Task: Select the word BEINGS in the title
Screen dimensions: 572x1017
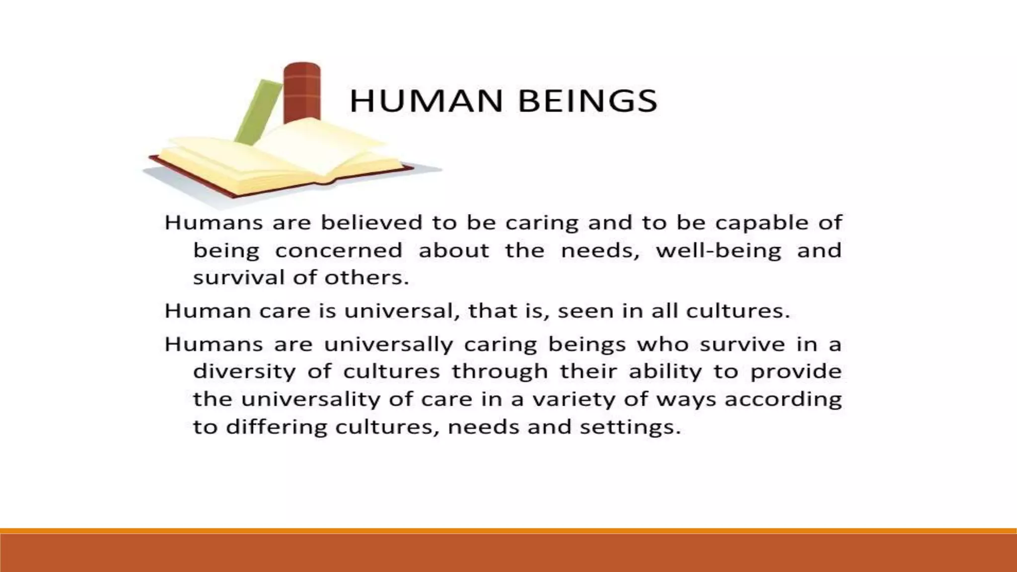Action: (x=587, y=101)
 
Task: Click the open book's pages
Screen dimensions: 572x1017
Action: (x=278, y=159)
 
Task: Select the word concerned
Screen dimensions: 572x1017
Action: (x=338, y=250)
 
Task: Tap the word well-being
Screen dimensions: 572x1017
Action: (x=719, y=251)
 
